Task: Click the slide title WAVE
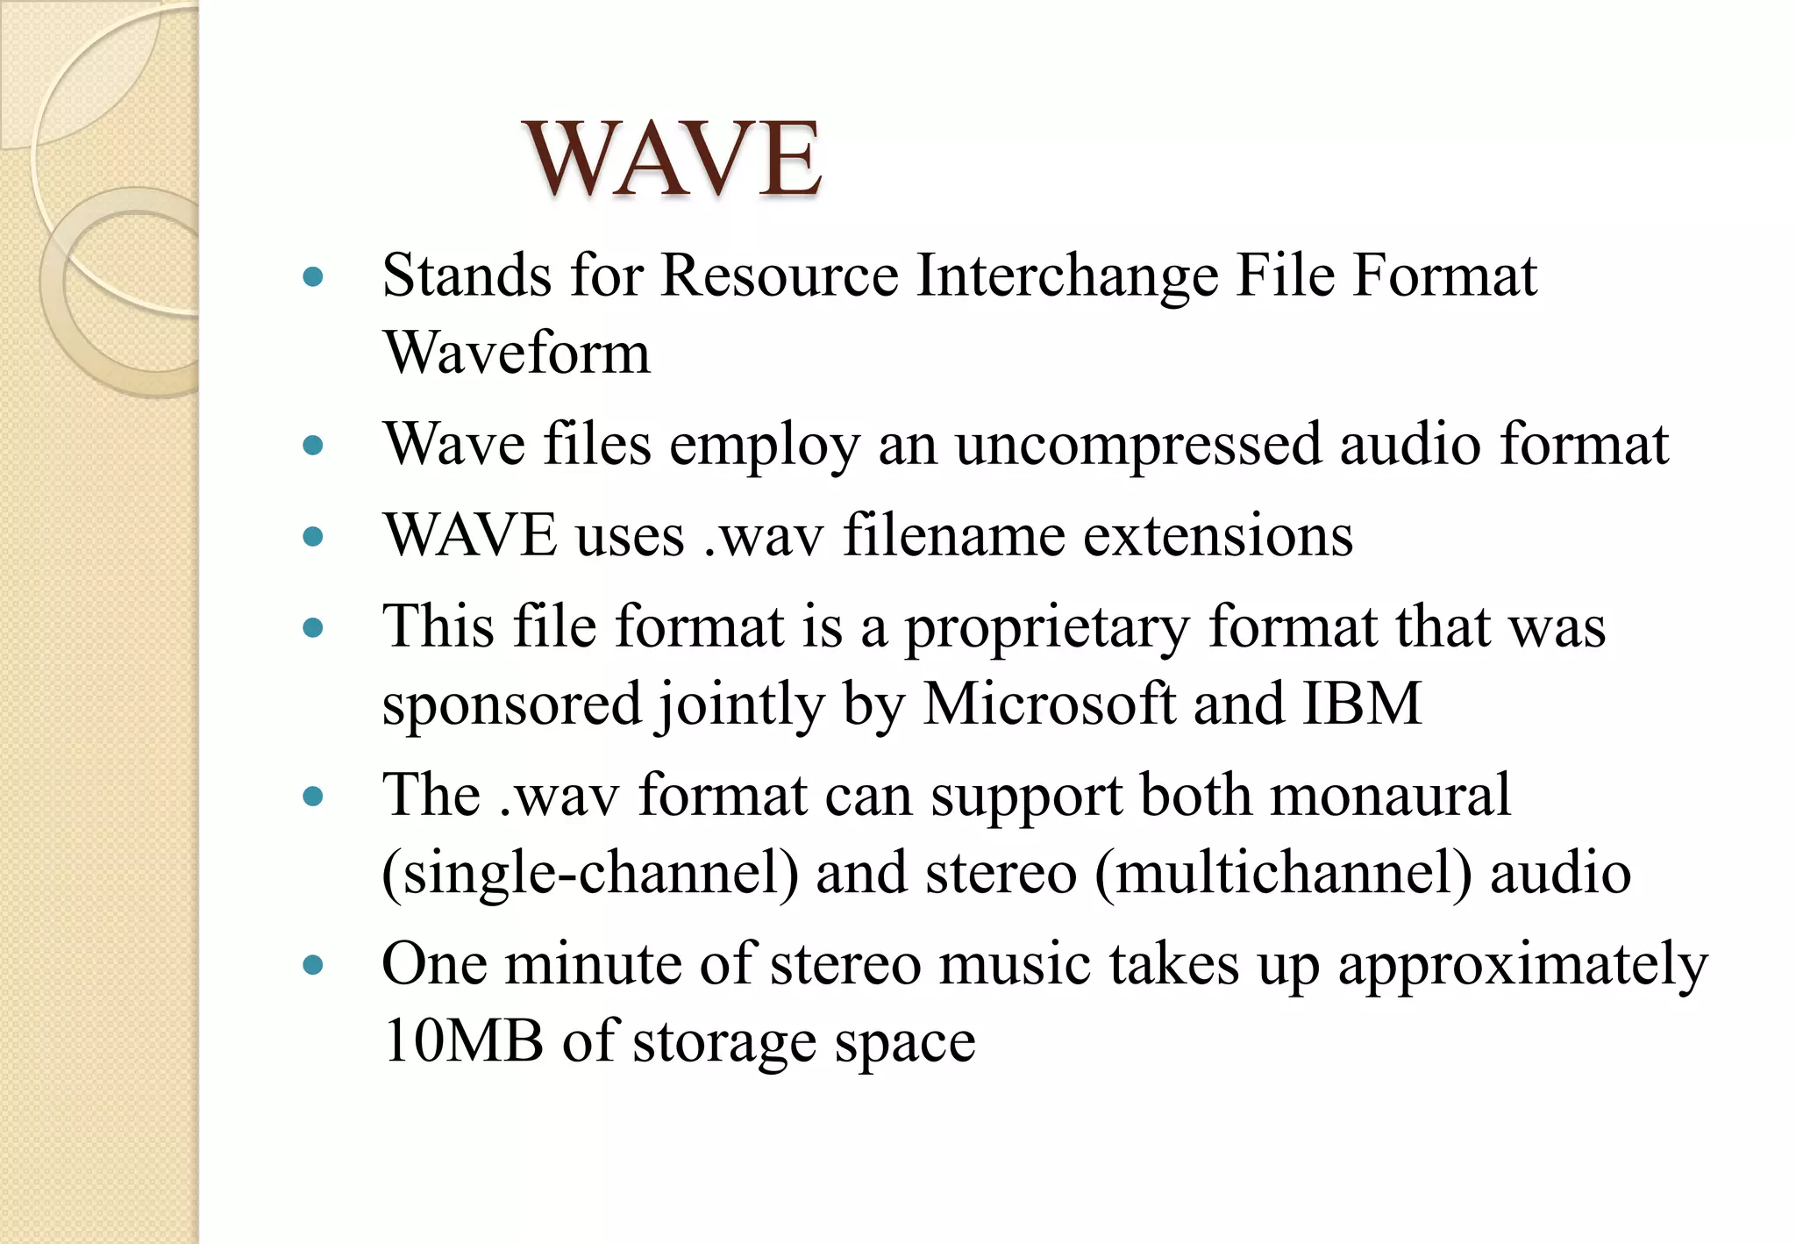[x=673, y=160]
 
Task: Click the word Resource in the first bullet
[x=780, y=275]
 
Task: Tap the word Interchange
[x=1067, y=277]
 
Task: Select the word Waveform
[x=517, y=353]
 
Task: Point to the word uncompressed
[x=1137, y=445]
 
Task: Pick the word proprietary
[x=1047, y=628]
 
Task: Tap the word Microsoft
[x=1049, y=704]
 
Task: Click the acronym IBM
[x=1362, y=704]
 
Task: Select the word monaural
[x=1390, y=796]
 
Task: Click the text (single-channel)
[x=590, y=873]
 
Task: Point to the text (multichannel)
[x=1283, y=873]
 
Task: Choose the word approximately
[x=1522, y=965]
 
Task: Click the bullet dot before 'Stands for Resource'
[x=312, y=278]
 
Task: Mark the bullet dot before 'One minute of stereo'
[x=312, y=966]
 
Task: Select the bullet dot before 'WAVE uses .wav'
[x=312, y=536]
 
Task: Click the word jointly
[x=741, y=705]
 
